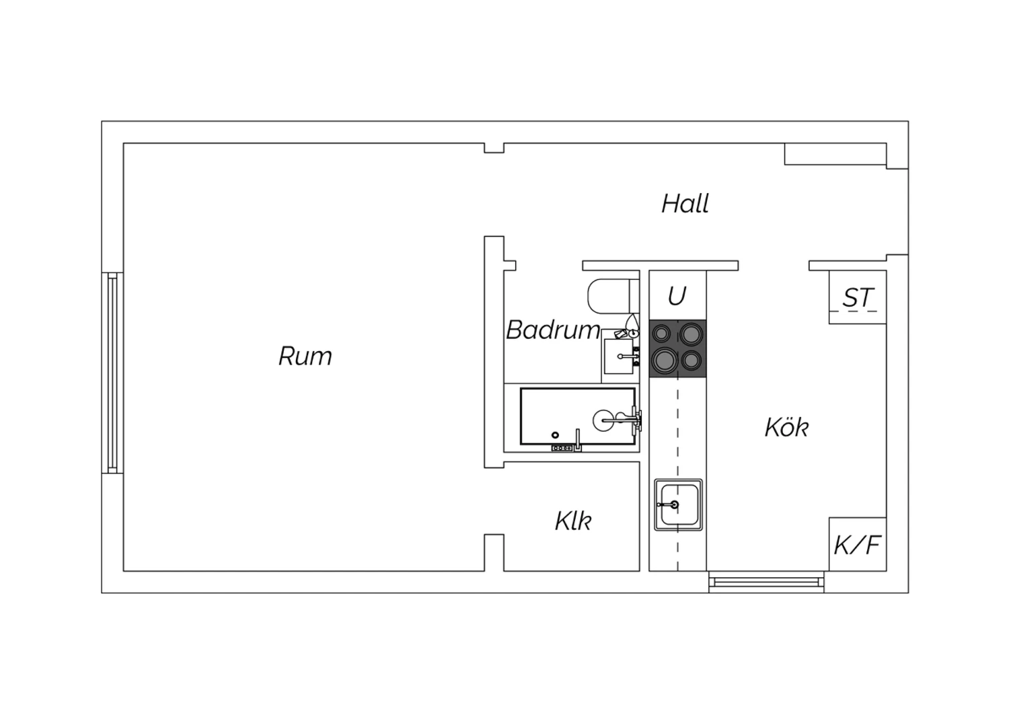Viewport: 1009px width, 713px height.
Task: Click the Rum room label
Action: coord(305,356)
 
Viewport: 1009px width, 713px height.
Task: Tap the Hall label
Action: coord(685,204)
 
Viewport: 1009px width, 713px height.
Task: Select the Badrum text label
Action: coord(553,330)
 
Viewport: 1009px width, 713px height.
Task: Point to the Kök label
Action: coord(786,427)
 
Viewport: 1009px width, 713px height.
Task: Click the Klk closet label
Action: coord(573,521)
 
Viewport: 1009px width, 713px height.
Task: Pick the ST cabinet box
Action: coord(858,297)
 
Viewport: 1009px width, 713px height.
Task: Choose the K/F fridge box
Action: coord(858,544)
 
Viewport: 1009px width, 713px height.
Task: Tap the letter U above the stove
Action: coord(677,296)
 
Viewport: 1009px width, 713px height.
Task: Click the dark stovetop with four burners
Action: coord(677,348)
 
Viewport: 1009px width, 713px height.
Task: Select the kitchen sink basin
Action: coord(678,504)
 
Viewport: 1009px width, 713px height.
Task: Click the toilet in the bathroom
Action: coord(613,295)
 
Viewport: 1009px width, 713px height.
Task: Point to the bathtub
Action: coord(578,416)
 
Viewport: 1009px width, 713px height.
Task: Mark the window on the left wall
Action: coord(112,373)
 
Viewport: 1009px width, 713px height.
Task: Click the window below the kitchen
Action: coord(766,582)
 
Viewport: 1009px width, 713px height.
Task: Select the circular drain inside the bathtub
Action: coord(555,435)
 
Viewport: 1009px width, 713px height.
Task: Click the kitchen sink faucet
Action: coord(669,504)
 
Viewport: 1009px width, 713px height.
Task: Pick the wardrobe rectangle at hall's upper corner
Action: coord(835,154)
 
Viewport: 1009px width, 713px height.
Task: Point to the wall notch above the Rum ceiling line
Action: coord(494,148)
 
